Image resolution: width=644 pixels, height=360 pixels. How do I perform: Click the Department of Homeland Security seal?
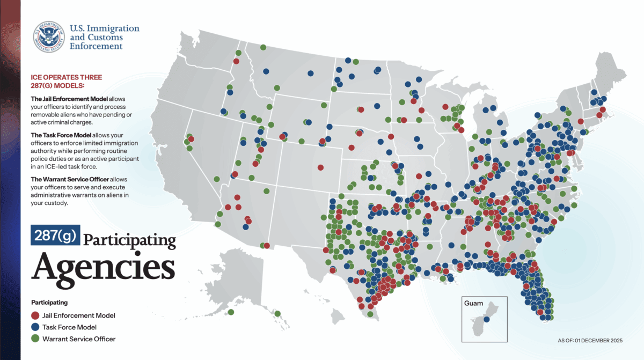49,37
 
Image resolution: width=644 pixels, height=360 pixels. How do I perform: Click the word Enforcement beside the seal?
96,47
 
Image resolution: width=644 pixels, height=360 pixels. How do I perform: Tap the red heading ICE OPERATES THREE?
66,77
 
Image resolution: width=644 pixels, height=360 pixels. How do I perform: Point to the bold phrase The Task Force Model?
61,135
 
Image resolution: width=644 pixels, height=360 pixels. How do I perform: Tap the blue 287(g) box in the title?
54,235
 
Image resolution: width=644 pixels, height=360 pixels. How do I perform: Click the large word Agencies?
103,266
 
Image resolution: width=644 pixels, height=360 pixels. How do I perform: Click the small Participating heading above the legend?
49,302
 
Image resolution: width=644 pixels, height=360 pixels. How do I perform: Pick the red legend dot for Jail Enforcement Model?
35,315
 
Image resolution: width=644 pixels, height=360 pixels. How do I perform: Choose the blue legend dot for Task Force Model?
35,327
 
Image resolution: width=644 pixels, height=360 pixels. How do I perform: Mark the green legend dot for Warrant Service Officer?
35,339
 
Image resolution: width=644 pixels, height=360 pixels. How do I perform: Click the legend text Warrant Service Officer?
79,339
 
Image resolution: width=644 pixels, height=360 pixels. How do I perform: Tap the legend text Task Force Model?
70,327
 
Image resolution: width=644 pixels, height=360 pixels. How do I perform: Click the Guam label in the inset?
473,304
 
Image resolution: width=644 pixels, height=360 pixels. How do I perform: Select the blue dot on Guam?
486,320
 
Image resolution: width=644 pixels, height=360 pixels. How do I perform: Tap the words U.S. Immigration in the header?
105,28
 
